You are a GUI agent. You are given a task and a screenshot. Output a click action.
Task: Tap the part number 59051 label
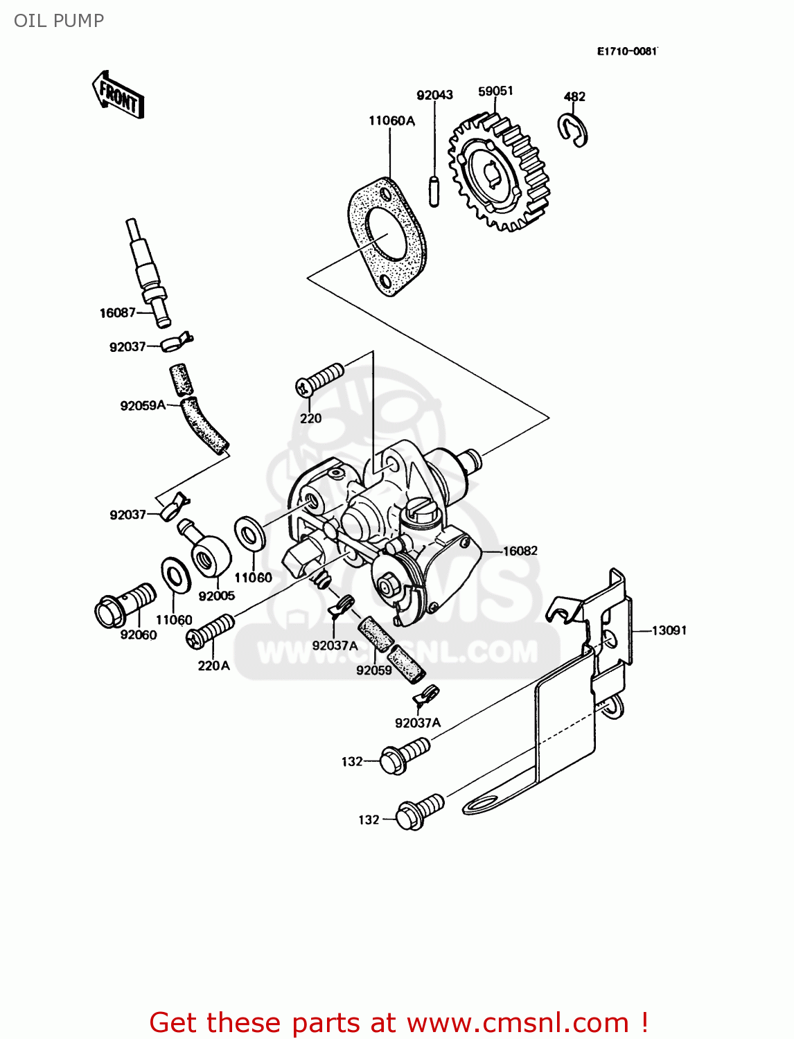pyautogui.click(x=495, y=91)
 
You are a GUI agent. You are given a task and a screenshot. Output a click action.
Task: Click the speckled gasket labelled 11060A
pyautogui.click(x=387, y=236)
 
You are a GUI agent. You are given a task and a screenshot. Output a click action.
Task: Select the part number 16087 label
pyautogui.click(x=117, y=313)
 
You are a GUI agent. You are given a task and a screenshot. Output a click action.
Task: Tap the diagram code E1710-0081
pyautogui.click(x=627, y=51)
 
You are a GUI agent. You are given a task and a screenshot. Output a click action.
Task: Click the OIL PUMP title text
pyautogui.click(x=59, y=21)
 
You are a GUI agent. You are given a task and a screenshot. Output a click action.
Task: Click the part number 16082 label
pyautogui.click(x=520, y=551)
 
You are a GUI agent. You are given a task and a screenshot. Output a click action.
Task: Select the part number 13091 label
pyautogui.click(x=669, y=630)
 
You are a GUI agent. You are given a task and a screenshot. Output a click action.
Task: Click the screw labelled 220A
pyautogui.click(x=211, y=632)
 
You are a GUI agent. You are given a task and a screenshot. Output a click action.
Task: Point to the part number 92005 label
pyautogui.click(x=217, y=596)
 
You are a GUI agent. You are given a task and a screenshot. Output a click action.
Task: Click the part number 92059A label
pyautogui.click(x=143, y=406)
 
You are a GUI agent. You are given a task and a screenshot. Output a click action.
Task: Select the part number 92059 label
pyautogui.click(x=374, y=670)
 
